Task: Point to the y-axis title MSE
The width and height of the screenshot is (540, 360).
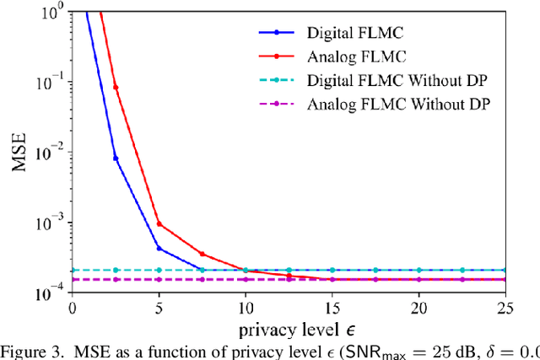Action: point(18,151)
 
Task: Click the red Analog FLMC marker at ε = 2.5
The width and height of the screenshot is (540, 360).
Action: point(116,87)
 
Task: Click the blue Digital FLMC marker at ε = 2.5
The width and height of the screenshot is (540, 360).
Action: point(116,158)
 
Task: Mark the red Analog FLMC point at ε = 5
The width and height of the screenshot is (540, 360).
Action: point(159,224)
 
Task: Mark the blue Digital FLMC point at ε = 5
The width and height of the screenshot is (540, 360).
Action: point(159,248)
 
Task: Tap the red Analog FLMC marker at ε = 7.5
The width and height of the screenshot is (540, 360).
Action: point(202,254)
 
